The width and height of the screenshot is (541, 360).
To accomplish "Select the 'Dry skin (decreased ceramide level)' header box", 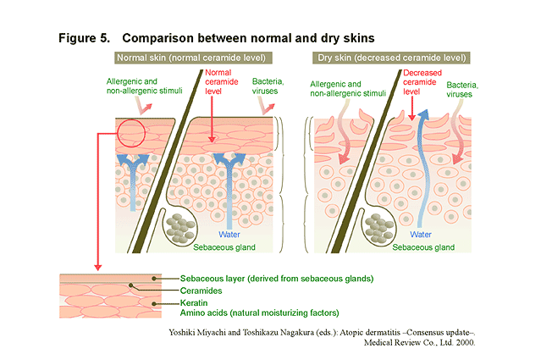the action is pos(391,58).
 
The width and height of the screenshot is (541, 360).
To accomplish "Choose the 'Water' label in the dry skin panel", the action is pos(421,234).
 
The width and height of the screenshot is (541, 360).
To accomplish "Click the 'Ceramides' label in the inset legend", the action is pos(201,290).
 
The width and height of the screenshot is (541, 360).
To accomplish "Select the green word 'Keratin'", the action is pos(195,302).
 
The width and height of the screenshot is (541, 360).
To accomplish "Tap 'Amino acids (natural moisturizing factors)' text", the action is pos(260,313).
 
